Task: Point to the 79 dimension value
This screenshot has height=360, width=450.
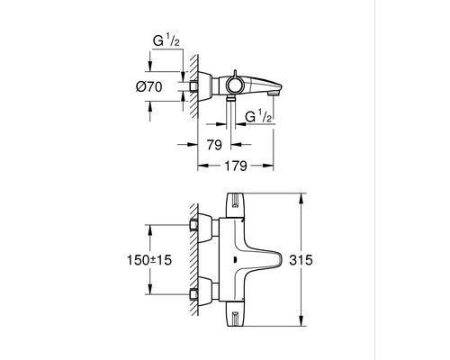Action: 214,143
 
